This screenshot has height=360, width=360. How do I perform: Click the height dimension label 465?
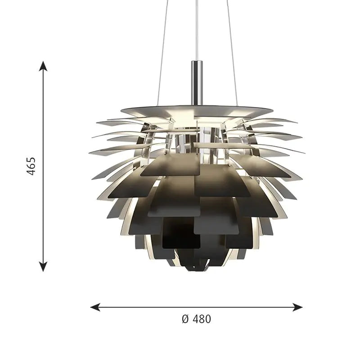(x=31, y=166)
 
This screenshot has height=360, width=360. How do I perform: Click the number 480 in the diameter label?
(x=202, y=319)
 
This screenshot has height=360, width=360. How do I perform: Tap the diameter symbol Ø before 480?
(x=185, y=319)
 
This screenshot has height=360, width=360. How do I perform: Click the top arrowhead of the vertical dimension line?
(x=43, y=66)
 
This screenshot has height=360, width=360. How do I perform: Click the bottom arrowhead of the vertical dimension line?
(x=43, y=266)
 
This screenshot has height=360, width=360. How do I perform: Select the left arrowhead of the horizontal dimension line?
(x=95, y=307)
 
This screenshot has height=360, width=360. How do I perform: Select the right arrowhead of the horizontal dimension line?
(x=297, y=307)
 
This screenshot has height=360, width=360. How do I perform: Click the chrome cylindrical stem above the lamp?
(x=197, y=83)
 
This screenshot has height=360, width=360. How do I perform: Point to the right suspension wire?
(x=232, y=53)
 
